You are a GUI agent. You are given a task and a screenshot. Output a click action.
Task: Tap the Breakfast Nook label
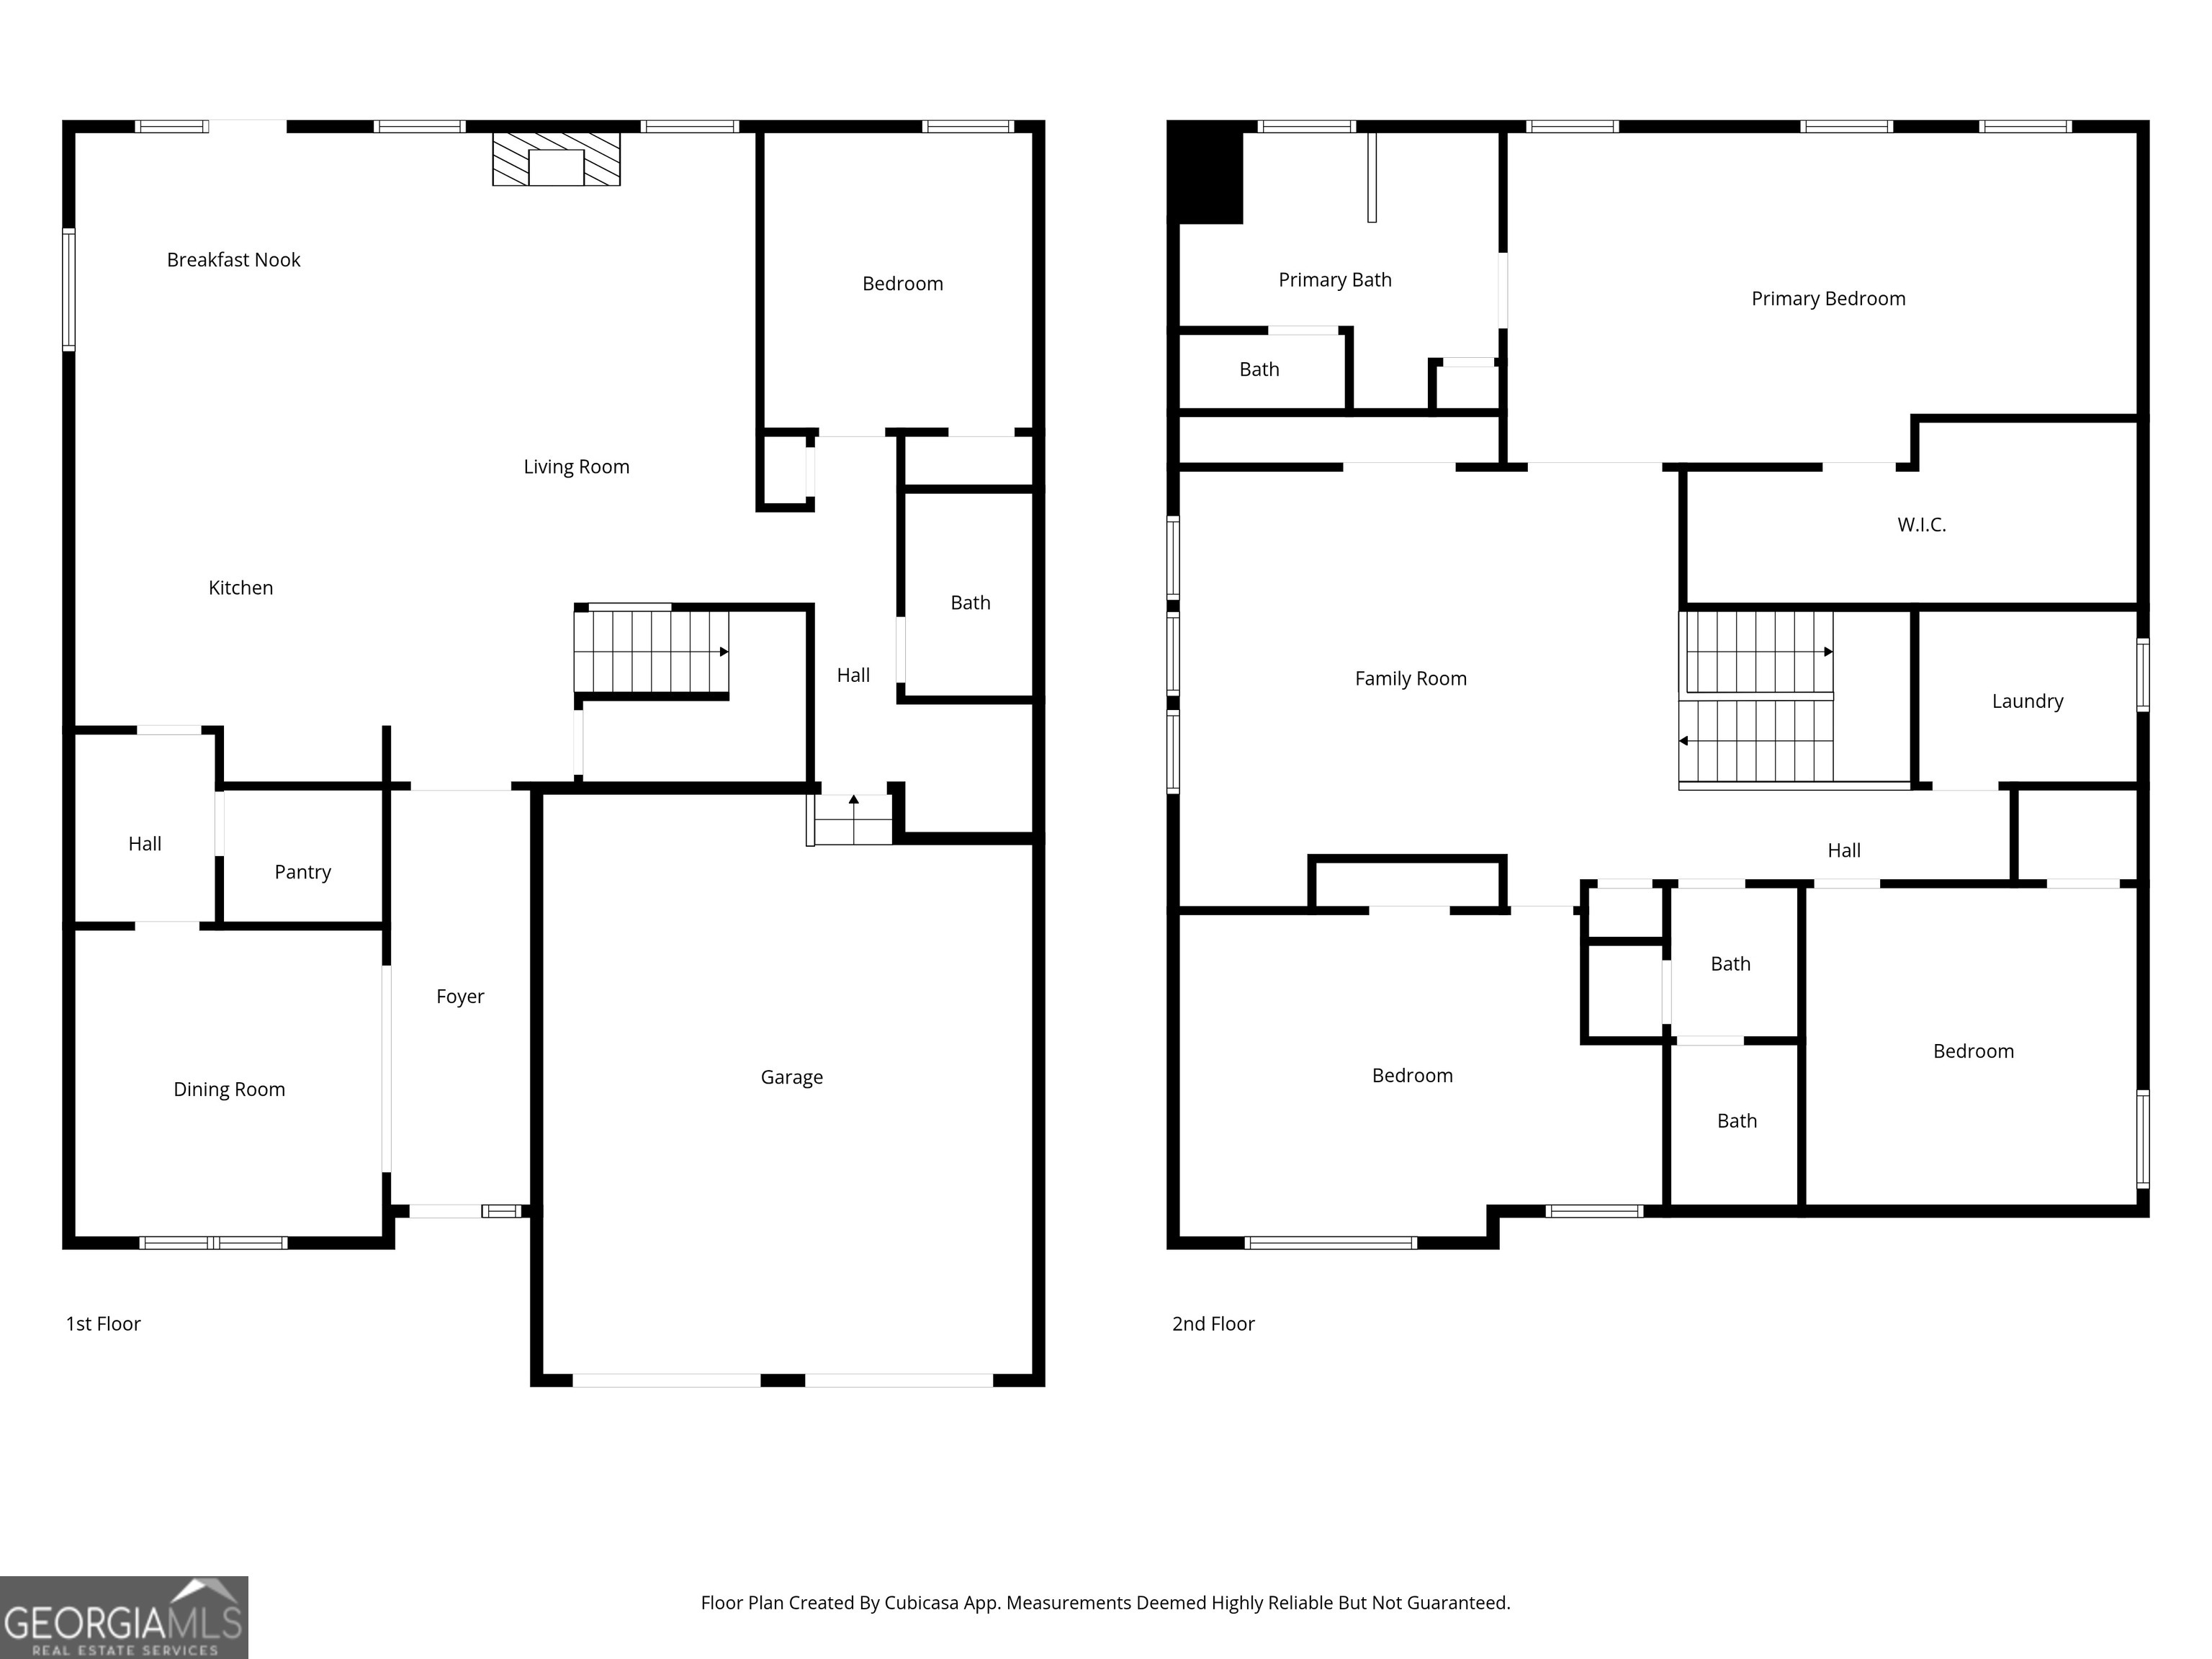tap(233, 260)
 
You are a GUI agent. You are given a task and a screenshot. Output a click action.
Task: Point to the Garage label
tap(791, 1077)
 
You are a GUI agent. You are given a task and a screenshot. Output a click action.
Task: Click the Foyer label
tap(460, 996)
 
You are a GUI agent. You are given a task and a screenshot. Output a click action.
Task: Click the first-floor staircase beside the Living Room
tap(651, 652)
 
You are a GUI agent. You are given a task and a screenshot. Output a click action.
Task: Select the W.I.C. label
tap(1921, 525)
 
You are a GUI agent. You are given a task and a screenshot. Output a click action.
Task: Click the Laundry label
tap(2027, 701)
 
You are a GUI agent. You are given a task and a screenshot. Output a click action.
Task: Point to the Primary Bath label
tap(1335, 280)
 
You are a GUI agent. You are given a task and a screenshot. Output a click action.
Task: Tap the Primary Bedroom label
tap(1828, 299)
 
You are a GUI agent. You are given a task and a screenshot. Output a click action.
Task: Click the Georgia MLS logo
tap(124, 1618)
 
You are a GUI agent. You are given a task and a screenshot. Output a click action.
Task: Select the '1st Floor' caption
tap(103, 1324)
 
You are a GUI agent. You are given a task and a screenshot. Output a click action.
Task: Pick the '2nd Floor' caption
tap(1213, 1324)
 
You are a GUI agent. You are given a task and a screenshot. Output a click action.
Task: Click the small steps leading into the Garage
tap(850, 819)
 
